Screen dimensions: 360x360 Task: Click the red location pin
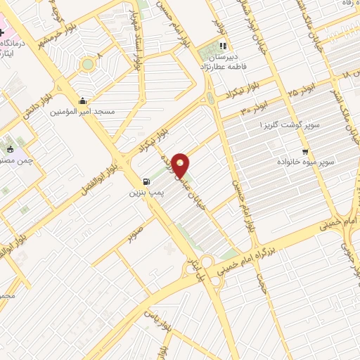click(x=181, y=166)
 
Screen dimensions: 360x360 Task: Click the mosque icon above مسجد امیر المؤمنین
click(x=83, y=101)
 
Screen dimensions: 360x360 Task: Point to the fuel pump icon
click(x=146, y=180)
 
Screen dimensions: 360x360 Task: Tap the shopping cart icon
click(x=304, y=151)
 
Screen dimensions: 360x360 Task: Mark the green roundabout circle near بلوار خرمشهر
click(x=87, y=65)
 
